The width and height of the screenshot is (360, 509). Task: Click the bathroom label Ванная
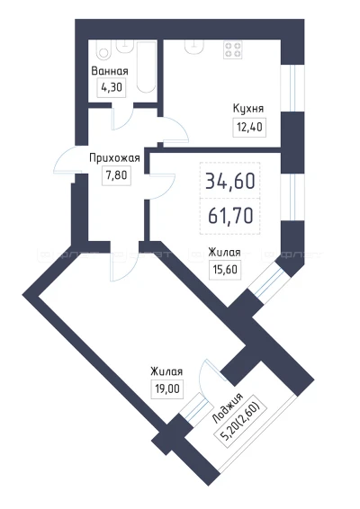tap(110, 71)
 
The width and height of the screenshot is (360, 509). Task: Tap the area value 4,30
tap(112, 87)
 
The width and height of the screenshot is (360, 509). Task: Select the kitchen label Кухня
tap(248, 109)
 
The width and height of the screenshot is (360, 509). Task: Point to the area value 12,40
tap(249, 128)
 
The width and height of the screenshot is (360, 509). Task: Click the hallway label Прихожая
tap(114, 158)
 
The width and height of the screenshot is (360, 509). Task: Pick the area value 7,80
tap(116, 175)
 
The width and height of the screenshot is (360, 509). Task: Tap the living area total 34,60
tap(230, 181)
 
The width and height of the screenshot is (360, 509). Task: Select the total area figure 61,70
tap(230, 216)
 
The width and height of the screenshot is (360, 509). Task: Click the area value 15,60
tap(225, 270)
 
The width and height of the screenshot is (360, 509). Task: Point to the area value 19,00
tap(167, 388)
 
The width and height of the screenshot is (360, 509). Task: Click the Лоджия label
tap(227, 408)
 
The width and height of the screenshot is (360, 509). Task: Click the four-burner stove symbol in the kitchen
tap(233, 50)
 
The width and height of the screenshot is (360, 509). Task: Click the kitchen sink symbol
tap(194, 46)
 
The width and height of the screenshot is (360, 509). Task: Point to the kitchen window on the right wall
tap(292, 88)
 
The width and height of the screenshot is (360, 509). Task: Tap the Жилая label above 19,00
tap(166, 371)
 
